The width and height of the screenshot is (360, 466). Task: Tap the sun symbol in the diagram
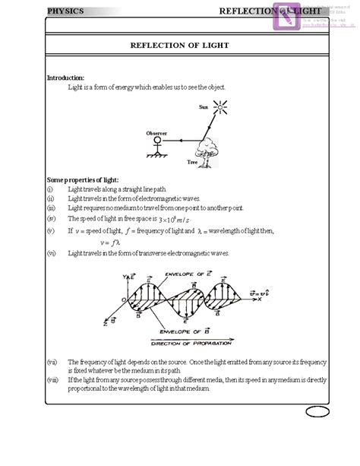pos(220,109)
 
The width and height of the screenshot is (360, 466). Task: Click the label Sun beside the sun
pos(203,107)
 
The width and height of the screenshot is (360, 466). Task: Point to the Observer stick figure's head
pos(158,141)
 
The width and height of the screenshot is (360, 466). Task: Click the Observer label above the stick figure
pos(156,132)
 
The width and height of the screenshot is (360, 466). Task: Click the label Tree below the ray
pos(192,162)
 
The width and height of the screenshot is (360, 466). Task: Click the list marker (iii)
pos(51,208)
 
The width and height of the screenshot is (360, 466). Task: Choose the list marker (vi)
pos(51,252)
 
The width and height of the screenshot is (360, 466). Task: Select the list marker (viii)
pos(52,379)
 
